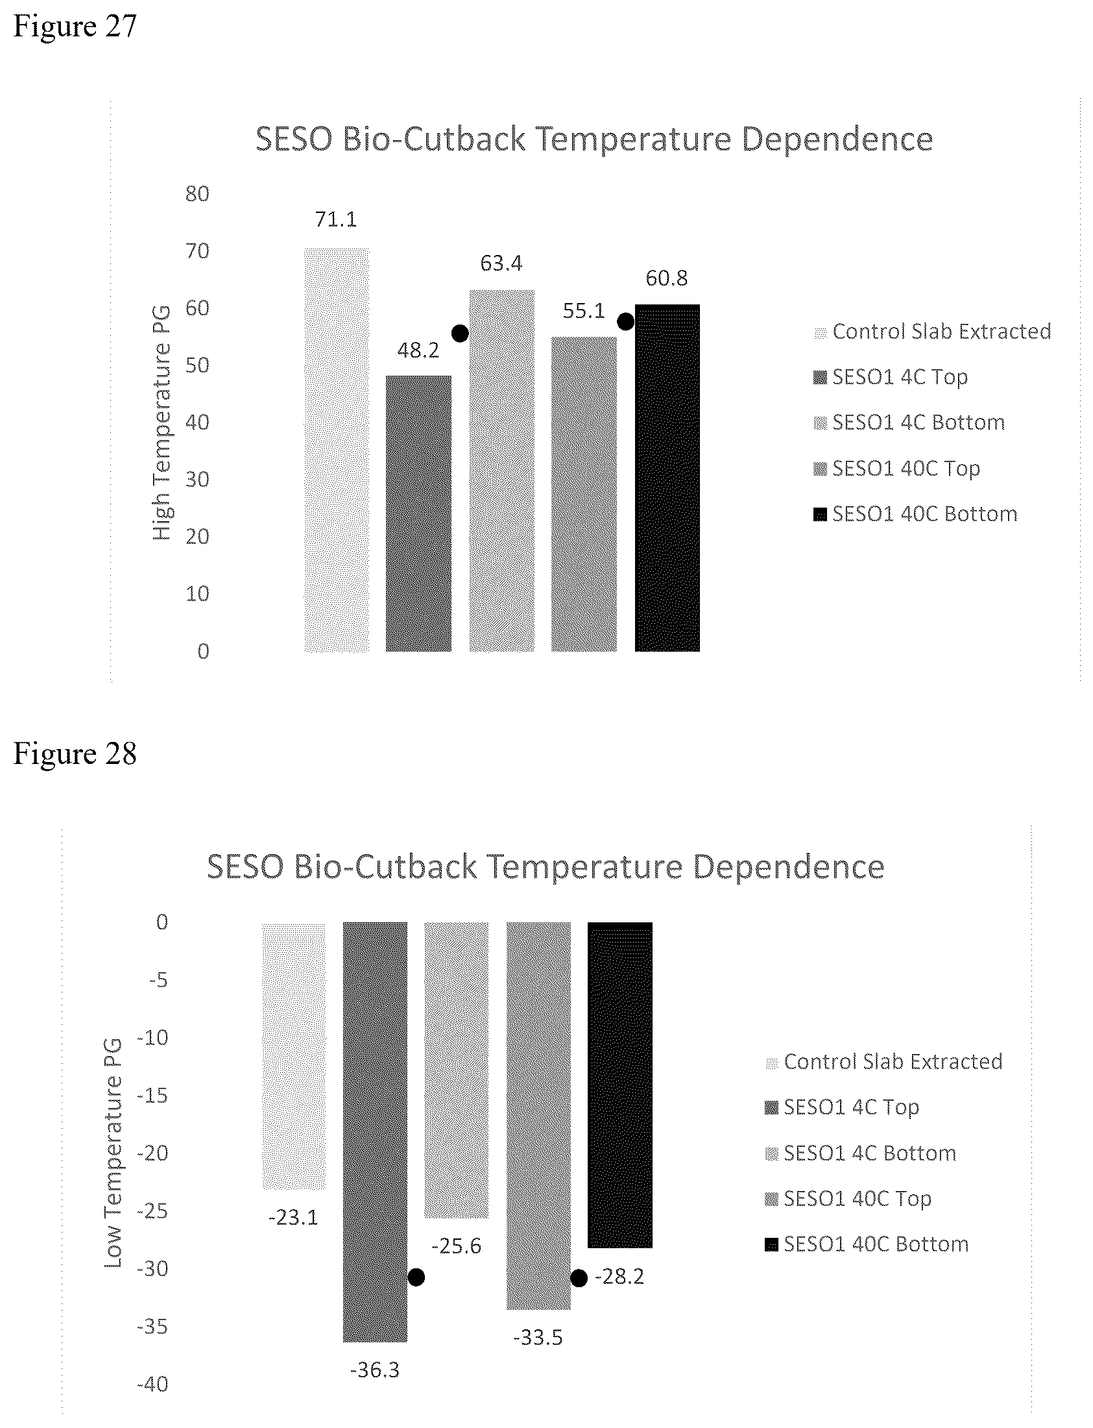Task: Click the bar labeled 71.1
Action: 337,450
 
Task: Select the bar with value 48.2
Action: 418,513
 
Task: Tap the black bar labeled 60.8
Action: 667,478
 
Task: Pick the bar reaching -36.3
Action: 375,1132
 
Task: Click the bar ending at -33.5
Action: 538,1116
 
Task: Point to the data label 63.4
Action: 501,263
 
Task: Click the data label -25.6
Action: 456,1246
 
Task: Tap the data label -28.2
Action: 619,1277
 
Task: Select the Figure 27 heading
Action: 75,26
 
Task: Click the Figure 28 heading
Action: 75,754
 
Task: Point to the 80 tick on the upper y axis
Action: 197,193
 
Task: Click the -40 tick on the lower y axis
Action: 152,1384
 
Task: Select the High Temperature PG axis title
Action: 162,423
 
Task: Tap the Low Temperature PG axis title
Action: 113,1154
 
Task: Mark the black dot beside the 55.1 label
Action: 625,321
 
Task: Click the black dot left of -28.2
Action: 579,1278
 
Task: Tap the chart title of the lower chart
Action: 545,867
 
